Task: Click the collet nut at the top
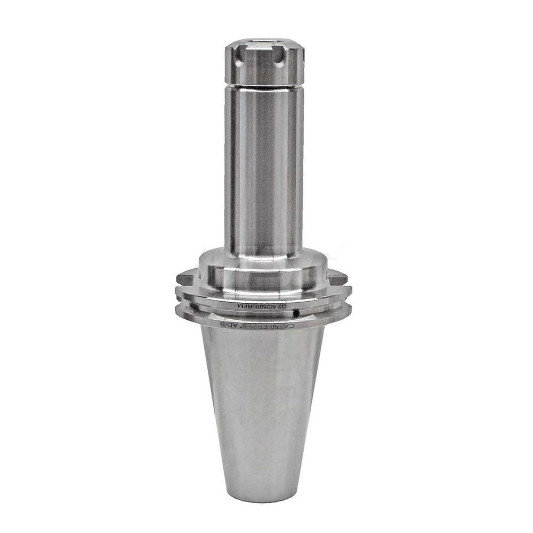(264, 63)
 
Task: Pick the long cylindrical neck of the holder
(264, 171)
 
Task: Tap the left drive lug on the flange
(184, 278)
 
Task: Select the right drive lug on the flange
(337, 277)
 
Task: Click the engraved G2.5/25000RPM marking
(261, 306)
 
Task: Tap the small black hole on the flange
(302, 313)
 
